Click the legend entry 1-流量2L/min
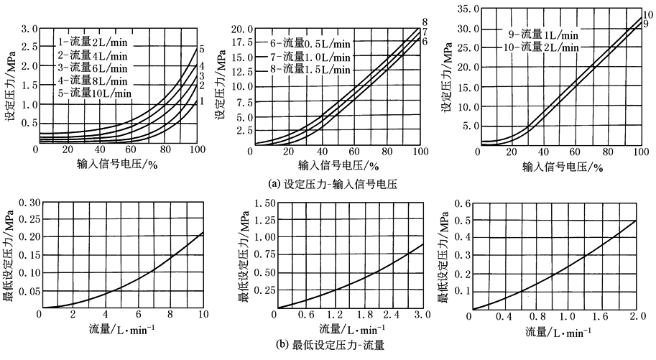click(94, 42)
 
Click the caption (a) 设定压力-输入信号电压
click(328, 183)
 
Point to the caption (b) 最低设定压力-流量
click(328, 344)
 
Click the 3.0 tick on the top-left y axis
click(28, 29)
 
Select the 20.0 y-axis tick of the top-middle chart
click(240, 29)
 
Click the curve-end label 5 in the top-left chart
click(203, 50)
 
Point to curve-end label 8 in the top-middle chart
click(425, 22)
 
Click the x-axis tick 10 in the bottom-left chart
click(203, 315)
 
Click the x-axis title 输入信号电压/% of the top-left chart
click(116, 165)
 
